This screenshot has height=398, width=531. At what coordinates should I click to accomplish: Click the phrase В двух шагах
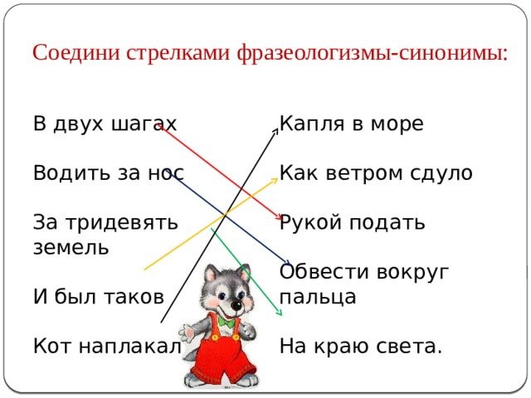coord(105,124)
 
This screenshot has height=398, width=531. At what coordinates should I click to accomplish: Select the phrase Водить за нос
coord(109,172)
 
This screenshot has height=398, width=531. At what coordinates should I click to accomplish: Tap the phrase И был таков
coord(99,297)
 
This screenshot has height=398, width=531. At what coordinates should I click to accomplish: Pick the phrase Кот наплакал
coord(107,346)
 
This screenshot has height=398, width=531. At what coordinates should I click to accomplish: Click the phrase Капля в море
coord(351,124)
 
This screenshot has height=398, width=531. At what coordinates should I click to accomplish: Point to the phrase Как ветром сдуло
coord(376,173)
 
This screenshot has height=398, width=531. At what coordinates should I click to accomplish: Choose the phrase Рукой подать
coord(352,223)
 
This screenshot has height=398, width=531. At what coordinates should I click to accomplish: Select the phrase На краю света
coord(361,347)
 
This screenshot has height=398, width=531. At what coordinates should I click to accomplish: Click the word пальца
coord(318,297)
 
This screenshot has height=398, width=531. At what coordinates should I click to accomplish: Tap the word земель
coord(71,247)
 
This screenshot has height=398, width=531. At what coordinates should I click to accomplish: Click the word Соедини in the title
coord(76,52)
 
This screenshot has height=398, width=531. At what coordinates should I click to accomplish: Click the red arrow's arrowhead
coord(279,217)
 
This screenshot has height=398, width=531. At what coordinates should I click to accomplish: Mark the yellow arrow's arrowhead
coord(275,180)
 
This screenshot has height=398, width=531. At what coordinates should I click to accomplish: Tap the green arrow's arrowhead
coord(279,313)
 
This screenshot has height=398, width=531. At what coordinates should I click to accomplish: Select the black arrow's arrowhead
coord(276,132)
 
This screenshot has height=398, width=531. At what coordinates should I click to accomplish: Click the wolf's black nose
coord(236,306)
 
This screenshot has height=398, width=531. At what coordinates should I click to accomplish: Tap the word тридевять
coord(122,223)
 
